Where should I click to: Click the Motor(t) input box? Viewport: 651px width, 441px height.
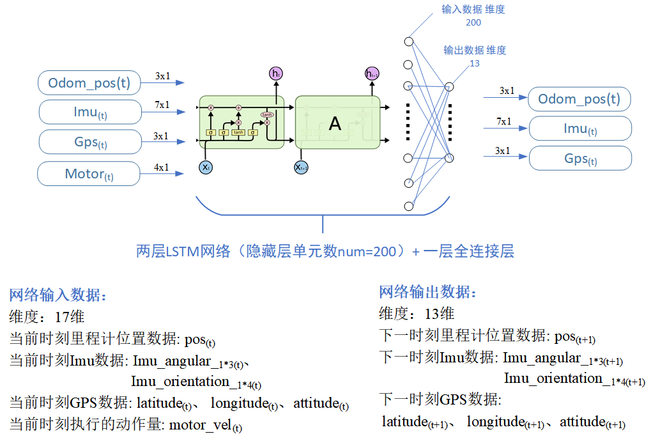[x=89, y=174]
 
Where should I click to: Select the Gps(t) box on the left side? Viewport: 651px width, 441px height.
[x=89, y=142]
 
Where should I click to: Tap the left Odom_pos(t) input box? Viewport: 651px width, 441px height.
[x=89, y=82]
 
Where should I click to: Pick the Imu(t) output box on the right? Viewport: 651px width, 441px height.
[x=579, y=128]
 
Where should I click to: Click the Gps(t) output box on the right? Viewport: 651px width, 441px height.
[x=579, y=159]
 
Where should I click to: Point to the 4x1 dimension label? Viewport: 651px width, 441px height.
[x=162, y=167]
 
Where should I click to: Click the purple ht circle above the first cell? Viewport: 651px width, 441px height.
[x=276, y=73]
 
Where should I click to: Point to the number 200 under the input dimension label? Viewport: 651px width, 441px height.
[x=473, y=22]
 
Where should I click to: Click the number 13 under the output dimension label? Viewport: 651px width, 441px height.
[x=474, y=63]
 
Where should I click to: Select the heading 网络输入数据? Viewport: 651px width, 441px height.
[x=57, y=295]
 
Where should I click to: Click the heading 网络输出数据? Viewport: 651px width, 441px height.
[x=427, y=293]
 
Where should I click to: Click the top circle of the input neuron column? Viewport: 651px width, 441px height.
[x=408, y=42]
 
